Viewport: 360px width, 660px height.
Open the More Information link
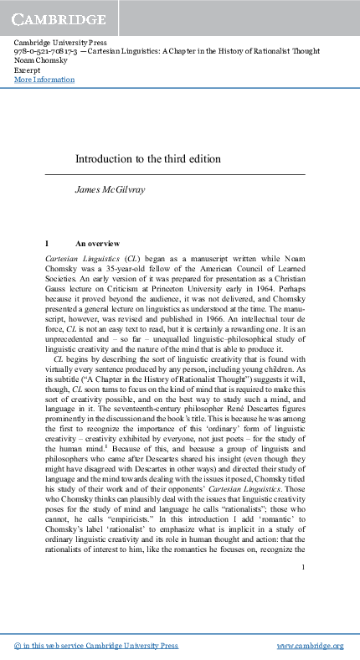pyautogui.click(x=44, y=80)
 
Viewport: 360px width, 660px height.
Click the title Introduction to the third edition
pyautogui.click(x=148, y=158)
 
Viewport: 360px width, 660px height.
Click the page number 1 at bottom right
pyautogui.click(x=308, y=567)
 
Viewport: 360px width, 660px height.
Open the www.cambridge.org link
pyautogui.click(x=310, y=646)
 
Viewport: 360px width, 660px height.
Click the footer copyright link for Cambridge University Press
pyautogui.click(x=97, y=646)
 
